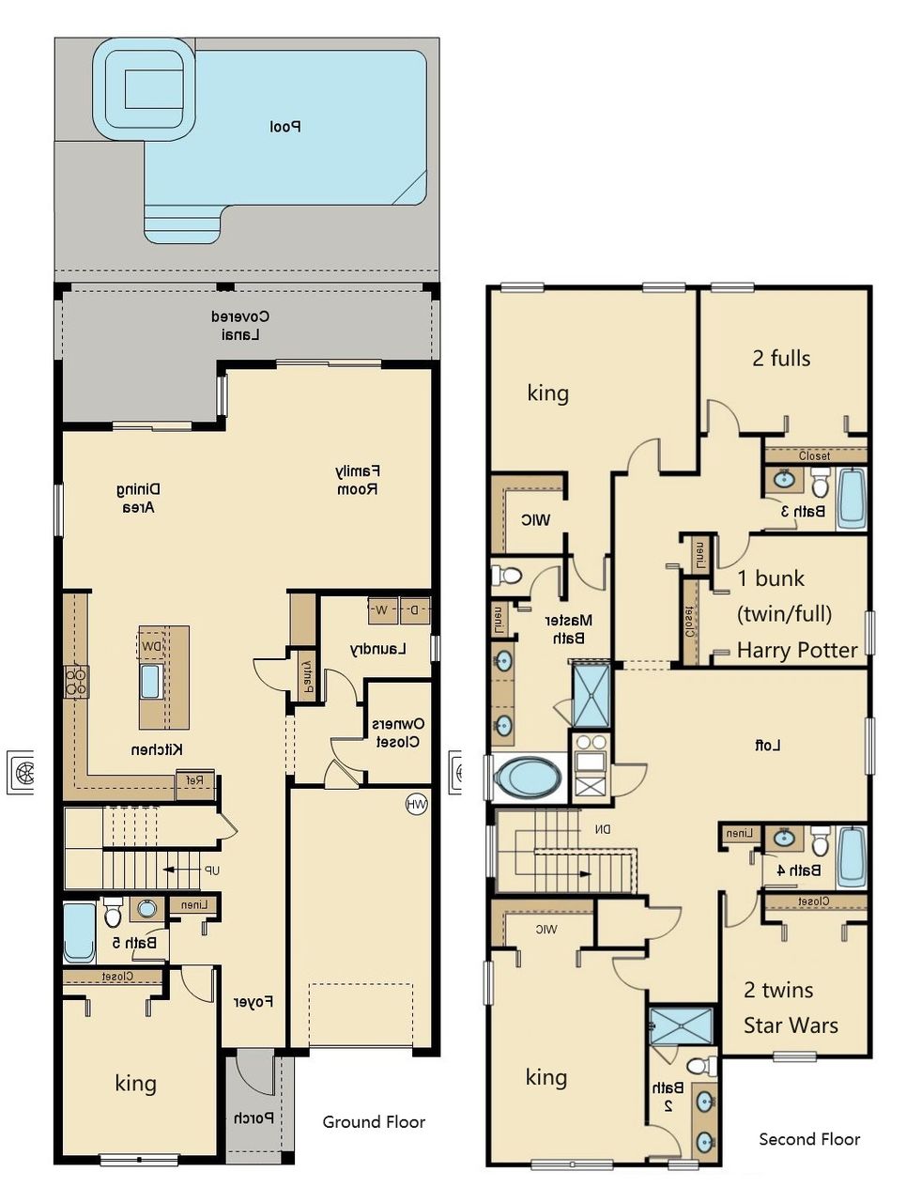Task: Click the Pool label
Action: pos(284,126)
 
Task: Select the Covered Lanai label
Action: pos(240,325)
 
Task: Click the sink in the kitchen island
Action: pos(150,681)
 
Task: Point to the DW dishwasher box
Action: pos(151,646)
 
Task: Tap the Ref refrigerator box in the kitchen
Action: pos(194,779)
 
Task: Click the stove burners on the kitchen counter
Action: pos(75,681)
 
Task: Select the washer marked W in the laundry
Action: pos(382,609)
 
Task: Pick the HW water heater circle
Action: pos(416,804)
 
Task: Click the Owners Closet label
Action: pos(398,732)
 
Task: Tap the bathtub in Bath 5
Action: pos(80,932)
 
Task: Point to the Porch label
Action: pos(254,1118)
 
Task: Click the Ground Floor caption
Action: pos(374,1121)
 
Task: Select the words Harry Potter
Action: pos(797,650)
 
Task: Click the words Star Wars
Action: pos(791,1025)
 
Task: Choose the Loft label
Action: pos(767,745)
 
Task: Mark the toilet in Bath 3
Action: pos(820,484)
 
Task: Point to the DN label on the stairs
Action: pos(602,829)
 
